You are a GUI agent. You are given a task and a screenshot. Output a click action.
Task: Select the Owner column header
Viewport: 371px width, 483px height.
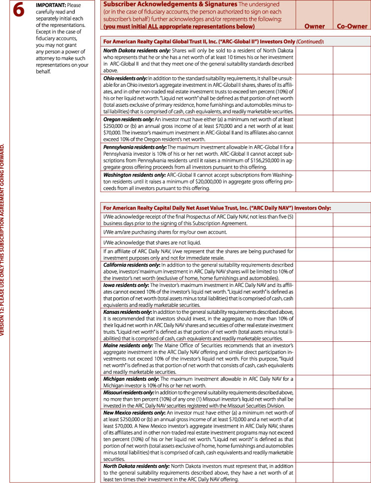[x=314, y=26]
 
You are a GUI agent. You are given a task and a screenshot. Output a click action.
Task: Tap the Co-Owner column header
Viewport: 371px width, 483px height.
[x=352, y=26]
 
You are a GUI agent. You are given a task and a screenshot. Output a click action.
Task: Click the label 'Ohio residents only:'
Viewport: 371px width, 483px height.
[x=123, y=79]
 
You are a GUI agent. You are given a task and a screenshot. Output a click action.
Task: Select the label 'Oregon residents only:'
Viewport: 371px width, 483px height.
[x=127, y=120]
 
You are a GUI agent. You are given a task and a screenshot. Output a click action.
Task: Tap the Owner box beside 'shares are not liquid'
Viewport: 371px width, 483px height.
[x=314, y=242]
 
